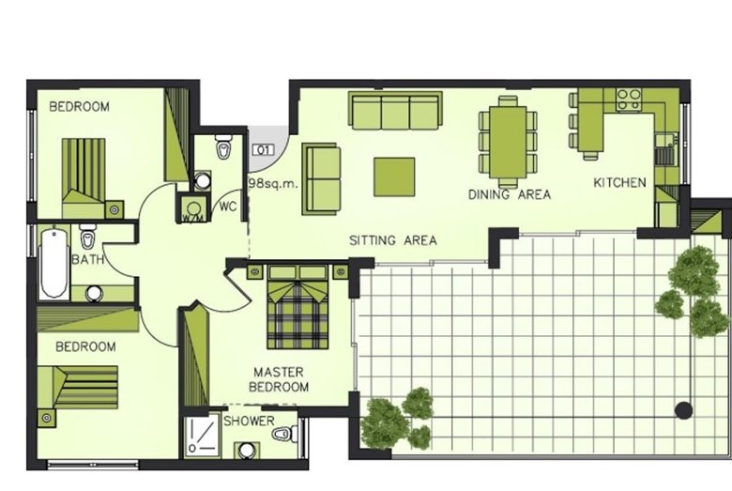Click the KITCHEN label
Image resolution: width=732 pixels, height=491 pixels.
pyautogui.click(x=619, y=183)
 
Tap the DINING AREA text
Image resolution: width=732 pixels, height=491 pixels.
pyautogui.click(x=510, y=194)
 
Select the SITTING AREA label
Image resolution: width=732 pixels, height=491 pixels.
pyautogui.click(x=393, y=240)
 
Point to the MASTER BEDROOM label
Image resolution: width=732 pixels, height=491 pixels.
pyautogui.click(x=279, y=379)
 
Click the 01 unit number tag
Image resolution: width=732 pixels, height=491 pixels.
pyautogui.click(x=264, y=150)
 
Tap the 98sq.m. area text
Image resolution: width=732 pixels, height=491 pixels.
pyautogui.click(x=273, y=183)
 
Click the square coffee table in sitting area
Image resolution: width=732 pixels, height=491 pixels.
pyautogui.click(x=394, y=177)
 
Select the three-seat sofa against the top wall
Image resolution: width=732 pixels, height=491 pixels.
pyautogui.click(x=395, y=110)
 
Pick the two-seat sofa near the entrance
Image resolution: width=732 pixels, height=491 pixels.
pyautogui.click(x=321, y=179)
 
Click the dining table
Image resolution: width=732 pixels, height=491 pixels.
pyautogui.click(x=508, y=142)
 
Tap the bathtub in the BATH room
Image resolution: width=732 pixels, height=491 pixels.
pyautogui.click(x=53, y=263)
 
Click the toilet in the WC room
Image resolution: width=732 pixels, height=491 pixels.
pyautogui.click(x=224, y=147)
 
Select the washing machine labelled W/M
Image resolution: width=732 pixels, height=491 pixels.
pyautogui.click(x=192, y=208)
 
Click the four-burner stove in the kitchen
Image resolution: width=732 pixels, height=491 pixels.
pyautogui.click(x=629, y=100)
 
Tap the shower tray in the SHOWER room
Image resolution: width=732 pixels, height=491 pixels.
pyautogui.click(x=201, y=436)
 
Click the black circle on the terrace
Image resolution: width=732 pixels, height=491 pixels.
pyautogui.click(x=684, y=410)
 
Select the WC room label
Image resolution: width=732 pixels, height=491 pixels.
pyautogui.click(x=228, y=207)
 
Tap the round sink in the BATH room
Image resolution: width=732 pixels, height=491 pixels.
pyautogui.click(x=94, y=294)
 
